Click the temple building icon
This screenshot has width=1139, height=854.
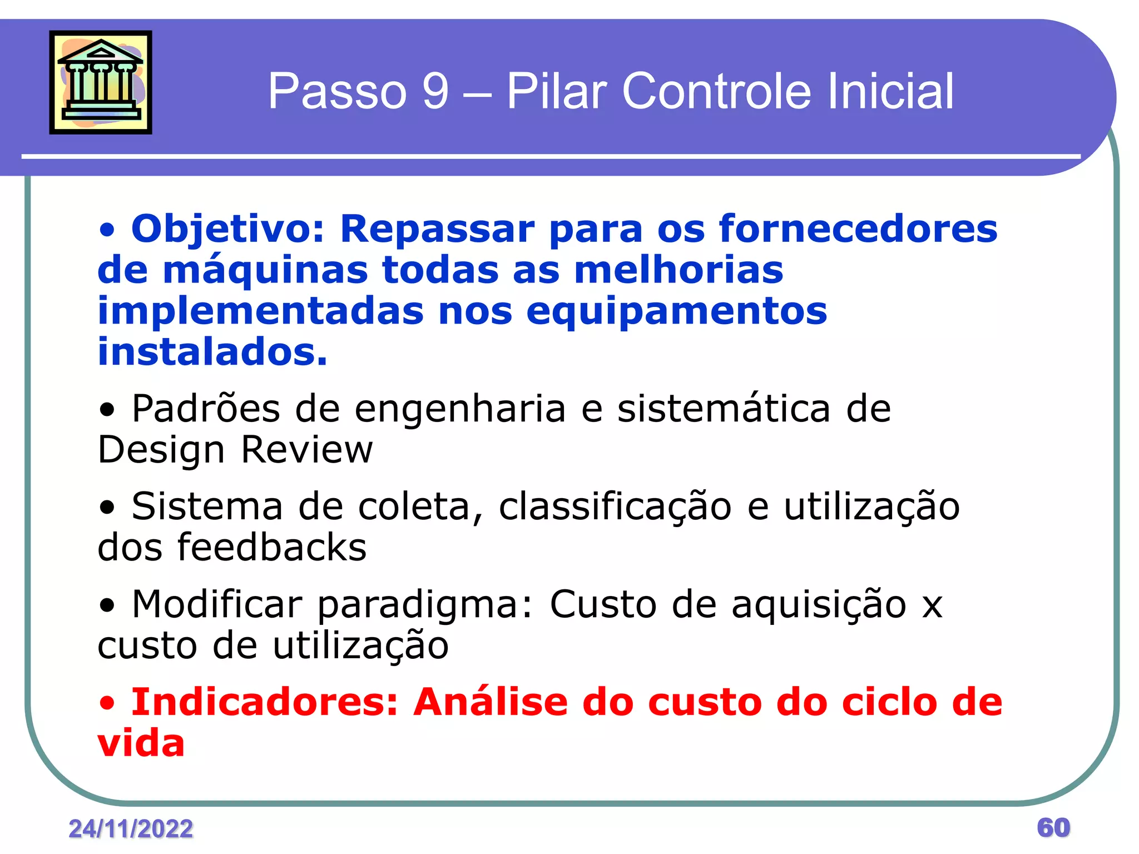coord(101,82)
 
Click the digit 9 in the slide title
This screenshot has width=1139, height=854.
coord(435,91)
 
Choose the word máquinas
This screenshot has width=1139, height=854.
coord(265,270)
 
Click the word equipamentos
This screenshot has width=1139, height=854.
coord(676,312)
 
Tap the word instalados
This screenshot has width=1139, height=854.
coord(212,352)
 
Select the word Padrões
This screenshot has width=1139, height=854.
coord(206,409)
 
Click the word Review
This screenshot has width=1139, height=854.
coord(307,450)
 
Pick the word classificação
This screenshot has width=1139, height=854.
coord(615,507)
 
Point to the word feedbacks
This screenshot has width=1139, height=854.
coord(272,548)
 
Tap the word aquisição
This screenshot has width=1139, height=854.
coord(819,605)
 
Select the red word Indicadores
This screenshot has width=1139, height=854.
coord(265,702)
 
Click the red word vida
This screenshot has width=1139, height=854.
coord(141,743)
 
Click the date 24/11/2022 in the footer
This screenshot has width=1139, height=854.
coord(131,829)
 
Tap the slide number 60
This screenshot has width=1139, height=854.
coord(1053,828)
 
